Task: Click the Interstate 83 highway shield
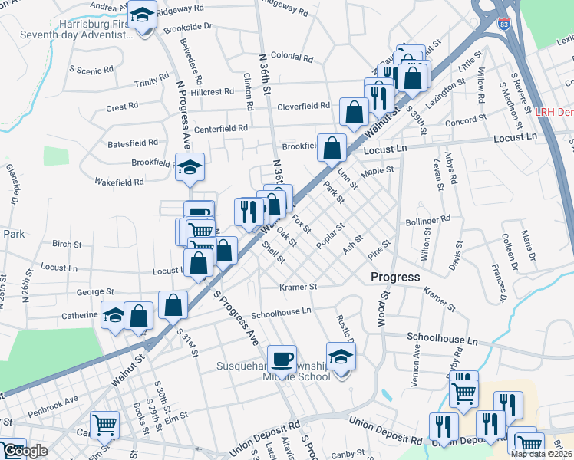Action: [503, 25]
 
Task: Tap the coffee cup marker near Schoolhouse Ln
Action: [282, 358]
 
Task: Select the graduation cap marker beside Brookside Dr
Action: [142, 15]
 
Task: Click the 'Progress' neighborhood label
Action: [395, 277]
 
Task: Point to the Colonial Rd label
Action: [289, 56]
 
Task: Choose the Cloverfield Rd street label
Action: [304, 107]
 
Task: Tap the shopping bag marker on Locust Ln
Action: [332, 148]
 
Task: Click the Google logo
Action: [25, 451]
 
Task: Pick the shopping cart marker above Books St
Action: [104, 424]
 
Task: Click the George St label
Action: [98, 292]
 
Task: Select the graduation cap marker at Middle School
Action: [341, 356]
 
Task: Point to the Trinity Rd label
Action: [151, 80]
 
